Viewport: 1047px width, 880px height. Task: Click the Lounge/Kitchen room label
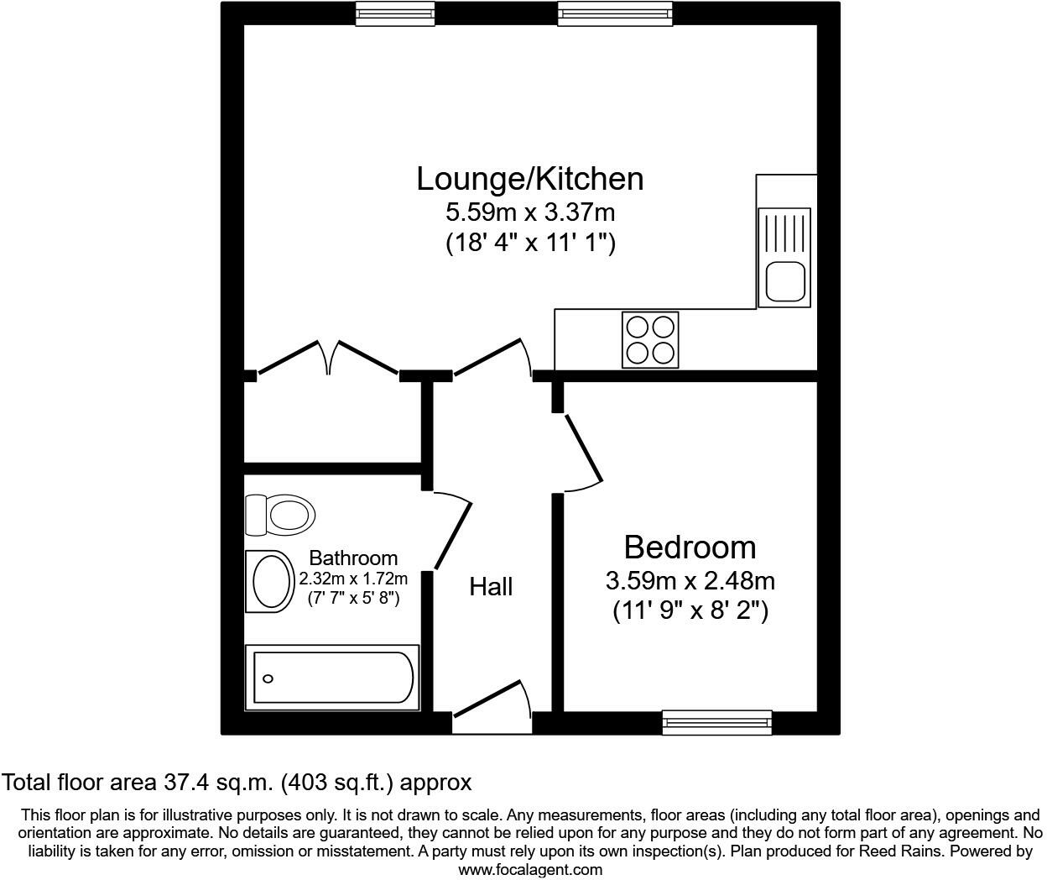(x=530, y=179)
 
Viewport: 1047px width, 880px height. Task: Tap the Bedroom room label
(x=690, y=547)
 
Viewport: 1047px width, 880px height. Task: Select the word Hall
(x=491, y=586)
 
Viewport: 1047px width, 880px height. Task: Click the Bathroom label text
(x=353, y=558)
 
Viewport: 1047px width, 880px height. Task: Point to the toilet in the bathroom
(x=280, y=514)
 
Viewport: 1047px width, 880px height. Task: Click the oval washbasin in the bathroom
(x=269, y=581)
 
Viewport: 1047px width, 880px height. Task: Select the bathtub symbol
(x=331, y=677)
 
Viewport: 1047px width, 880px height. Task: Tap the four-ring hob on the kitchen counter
(x=650, y=339)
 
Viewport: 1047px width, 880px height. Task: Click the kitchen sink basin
(x=785, y=281)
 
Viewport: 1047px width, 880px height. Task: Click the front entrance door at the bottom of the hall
(x=492, y=702)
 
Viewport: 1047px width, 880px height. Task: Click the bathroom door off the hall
(x=451, y=531)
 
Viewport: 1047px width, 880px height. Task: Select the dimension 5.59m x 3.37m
(x=530, y=212)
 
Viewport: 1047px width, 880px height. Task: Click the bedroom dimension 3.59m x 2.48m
(x=690, y=580)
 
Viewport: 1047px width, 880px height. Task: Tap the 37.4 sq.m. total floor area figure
(x=218, y=783)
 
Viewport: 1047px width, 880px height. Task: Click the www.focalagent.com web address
(x=530, y=870)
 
